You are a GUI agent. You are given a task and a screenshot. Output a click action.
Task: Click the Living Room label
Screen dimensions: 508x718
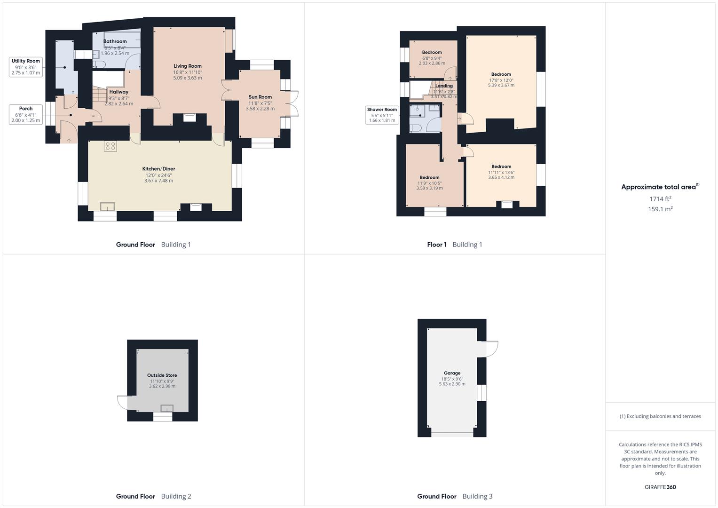[187, 66]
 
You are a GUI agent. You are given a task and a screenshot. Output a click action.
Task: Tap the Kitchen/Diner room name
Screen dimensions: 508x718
[158, 169]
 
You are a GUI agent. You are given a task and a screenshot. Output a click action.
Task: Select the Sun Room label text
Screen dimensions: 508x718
[260, 97]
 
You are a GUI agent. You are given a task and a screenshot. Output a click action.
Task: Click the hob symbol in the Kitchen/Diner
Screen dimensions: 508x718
[110, 146]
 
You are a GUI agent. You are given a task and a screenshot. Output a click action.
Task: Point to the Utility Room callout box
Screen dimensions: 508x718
[26, 67]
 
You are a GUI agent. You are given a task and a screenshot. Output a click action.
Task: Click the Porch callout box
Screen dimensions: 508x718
[26, 114]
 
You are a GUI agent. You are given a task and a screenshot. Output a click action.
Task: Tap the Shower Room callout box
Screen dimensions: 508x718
[382, 115]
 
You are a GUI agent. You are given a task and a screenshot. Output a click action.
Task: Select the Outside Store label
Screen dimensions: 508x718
[162, 375]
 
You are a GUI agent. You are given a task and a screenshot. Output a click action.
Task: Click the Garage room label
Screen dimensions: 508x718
[452, 373]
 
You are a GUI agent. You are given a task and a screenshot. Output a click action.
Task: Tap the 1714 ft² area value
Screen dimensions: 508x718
[660, 199]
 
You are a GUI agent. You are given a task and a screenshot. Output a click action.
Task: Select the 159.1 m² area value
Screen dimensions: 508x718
[660, 209]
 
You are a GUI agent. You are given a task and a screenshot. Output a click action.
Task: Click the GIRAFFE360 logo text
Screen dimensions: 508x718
[660, 487]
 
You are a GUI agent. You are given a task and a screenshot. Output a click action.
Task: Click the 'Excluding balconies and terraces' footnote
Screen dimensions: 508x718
[660, 416]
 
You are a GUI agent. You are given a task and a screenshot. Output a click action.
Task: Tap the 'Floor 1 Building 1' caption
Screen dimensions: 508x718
[454, 245]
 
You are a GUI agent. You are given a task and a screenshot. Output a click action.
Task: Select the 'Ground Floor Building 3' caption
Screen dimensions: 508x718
[454, 496]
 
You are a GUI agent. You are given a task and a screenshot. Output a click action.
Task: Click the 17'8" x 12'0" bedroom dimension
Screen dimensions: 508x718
[501, 80]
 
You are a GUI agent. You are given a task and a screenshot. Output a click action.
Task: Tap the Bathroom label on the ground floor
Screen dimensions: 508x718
[115, 41]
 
